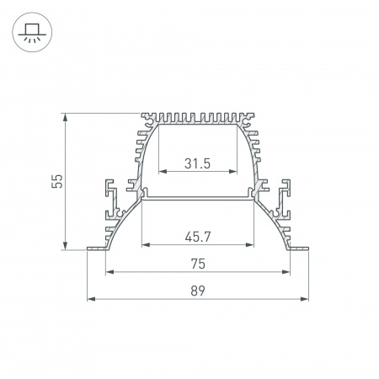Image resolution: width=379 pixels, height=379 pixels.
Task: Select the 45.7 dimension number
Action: click(x=197, y=237)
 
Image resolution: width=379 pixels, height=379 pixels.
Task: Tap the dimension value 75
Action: click(x=197, y=264)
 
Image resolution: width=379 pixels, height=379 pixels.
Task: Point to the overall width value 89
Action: click(x=197, y=291)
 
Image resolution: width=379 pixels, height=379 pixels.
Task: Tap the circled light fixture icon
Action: click(x=31, y=31)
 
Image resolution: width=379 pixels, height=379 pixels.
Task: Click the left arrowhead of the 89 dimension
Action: click(x=91, y=299)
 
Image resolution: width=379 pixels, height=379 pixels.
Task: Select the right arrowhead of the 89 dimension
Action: click(x=304, y=299)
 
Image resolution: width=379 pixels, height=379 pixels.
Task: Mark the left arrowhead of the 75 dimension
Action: click(x=109, y=272)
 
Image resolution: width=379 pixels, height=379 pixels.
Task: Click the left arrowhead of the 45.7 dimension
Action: click(x=145, y=245)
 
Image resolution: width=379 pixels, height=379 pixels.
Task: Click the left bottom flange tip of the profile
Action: click(x=90, y=248)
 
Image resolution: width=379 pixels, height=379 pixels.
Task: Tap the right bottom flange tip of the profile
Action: click(x=305, y=248)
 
